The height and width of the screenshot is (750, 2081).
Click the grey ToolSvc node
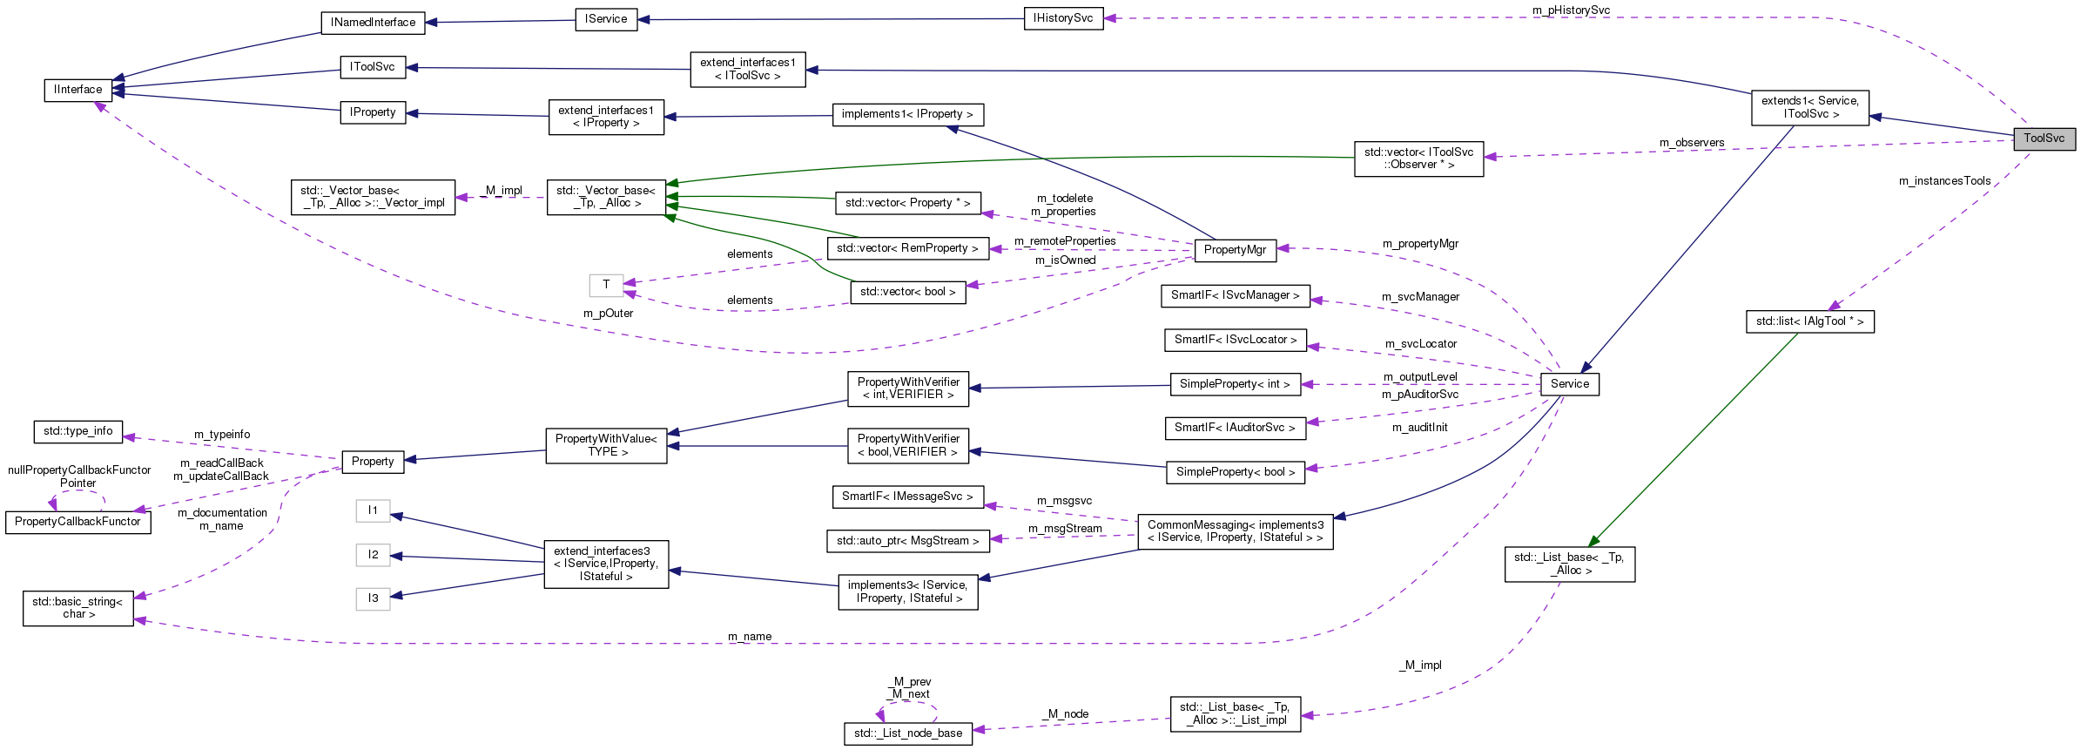pyautogui.click(x=2044, y=139)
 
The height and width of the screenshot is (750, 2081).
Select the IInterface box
pyautogui.click(x=77, y=90)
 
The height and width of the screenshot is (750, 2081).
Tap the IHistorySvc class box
pyautogui.click(x=1062, y=18)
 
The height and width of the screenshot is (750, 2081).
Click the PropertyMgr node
pyautogui.click(x=1234, y=250)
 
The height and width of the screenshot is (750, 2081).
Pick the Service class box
pyautogui.click(x=1569, y=384)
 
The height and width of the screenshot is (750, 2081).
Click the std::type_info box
pyautogui.click(x=77, y=431)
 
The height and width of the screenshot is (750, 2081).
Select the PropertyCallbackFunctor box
pyautogui.click(x=77, y=522)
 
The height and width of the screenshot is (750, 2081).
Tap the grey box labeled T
pyautogui.click(x=606, y=285)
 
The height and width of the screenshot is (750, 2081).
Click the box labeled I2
pyautogui.click(x=373, y=555)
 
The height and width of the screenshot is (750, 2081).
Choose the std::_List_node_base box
pyautogui.click(x=907, y=733)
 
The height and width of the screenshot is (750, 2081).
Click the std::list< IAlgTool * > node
pyautogui.click(x=1809, y=321)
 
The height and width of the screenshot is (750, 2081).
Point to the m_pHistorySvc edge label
pyautogui.click(x=1571, y=10)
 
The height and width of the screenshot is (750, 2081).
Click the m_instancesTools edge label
pyautogui.click(x=1944, y=181)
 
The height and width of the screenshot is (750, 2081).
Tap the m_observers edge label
pyautogui.click(x=1691, y=143)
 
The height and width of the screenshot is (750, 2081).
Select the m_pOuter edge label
pyautogui.click(x=608, y=314)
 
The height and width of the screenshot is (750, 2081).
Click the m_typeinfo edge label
pyautogui.click(x=221, y=435)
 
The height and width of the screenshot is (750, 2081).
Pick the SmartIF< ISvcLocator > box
pyautogui.click(x=1235, y=340)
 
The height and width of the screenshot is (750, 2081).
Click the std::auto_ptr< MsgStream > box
pyautogui.click(x=907, y=541)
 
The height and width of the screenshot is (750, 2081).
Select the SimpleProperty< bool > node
pyautogui.click(x=1235, y=472)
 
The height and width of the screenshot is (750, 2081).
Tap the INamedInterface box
pyautogui.click(x=373, y=23)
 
